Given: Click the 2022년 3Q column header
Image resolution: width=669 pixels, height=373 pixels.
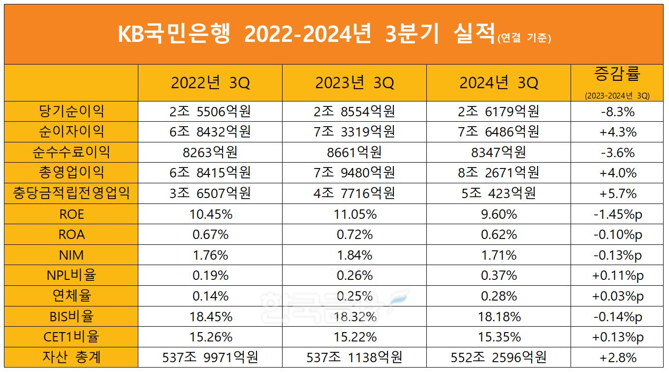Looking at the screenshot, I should coord(210,83).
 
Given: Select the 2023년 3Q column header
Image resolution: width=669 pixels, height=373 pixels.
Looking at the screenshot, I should coord(354,83).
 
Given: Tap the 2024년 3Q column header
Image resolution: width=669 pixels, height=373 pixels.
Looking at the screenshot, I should coord(499,83).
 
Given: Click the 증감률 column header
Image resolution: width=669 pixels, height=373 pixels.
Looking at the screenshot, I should coord(617,75).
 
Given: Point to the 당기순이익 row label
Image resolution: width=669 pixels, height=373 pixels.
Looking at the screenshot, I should coord(71,111).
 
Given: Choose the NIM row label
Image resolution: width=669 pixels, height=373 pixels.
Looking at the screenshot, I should coord(71,255).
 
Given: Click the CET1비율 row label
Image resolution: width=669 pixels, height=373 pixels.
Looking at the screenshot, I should coord(71,337).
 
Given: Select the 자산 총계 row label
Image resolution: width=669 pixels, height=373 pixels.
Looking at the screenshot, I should coord(71,357).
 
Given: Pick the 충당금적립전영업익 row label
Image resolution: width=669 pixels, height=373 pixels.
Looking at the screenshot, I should coord(71,193).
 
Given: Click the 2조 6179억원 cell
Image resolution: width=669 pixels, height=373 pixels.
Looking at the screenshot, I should coord(499,111).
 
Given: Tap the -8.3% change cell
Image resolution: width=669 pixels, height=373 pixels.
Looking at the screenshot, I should coord(617,112).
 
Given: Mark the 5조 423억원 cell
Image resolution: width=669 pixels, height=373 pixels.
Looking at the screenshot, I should coord(499,193).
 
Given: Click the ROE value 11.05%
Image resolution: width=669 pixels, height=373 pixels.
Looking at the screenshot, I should coord(354,214).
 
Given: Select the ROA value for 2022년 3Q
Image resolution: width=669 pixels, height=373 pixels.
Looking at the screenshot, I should coord(210,235).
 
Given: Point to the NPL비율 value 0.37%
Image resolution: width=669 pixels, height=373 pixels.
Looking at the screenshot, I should coord(499,275).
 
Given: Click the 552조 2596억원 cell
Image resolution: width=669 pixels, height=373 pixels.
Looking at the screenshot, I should coord(499,357).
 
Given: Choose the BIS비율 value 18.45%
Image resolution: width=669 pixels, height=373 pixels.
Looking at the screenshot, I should coord(210,316).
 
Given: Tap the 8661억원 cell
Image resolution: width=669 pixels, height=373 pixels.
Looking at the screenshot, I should coord(354,152).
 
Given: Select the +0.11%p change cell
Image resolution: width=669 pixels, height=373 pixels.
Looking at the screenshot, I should coord(617,275).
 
